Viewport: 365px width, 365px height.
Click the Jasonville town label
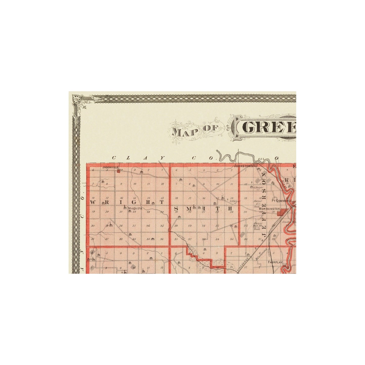click(x=110, y=167)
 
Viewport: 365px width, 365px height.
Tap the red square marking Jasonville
click(x=118, y=171)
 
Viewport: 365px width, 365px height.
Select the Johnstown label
click(x=244, y=166)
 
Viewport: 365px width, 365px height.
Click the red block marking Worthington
click(x=280, y=213)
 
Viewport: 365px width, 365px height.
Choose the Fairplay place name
click(x=275, y=262)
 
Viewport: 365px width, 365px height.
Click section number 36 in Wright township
click(x=162, y=239)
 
